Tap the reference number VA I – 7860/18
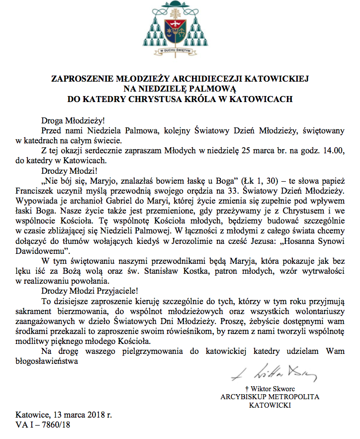pyautogui.click(x=43, y=425)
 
